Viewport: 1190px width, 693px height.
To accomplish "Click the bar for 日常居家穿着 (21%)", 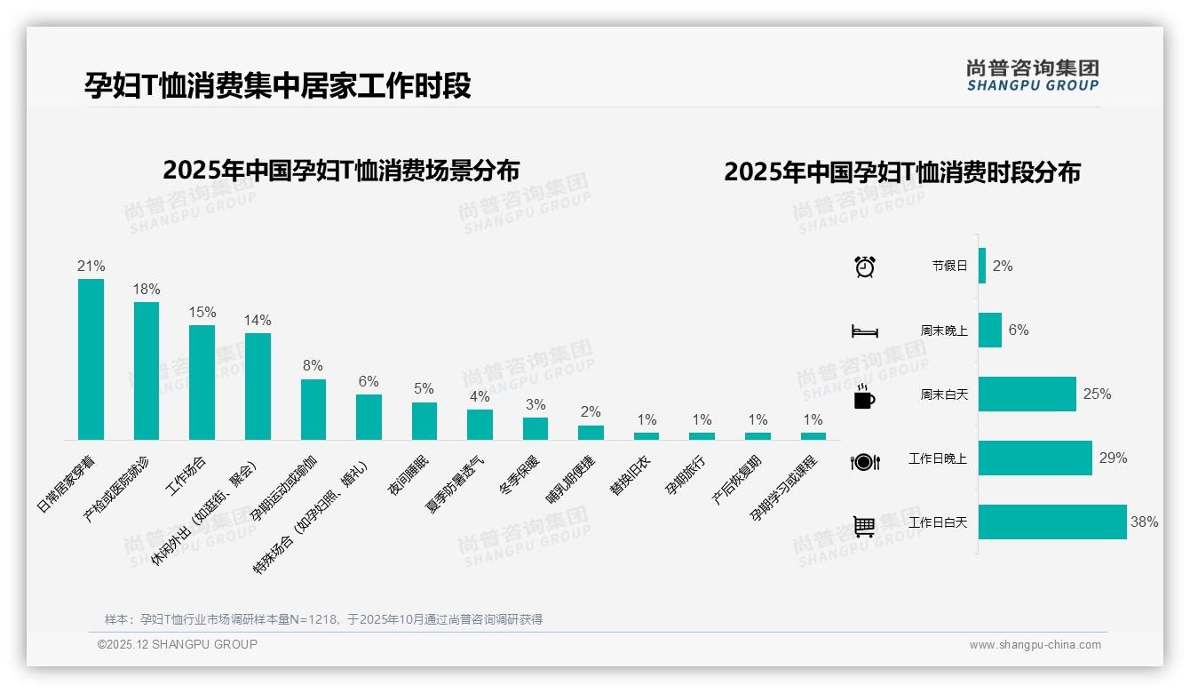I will tap(91, 359).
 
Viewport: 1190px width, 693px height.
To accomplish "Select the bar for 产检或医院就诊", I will tap(147, 370).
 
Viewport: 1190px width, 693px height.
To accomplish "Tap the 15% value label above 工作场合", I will tap(202, 312).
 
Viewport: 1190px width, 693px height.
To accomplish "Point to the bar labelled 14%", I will tap(258, 386).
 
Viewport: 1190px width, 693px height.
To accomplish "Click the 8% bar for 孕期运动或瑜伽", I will tap(313, 409).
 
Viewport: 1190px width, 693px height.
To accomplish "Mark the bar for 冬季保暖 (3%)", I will tap(535, 428).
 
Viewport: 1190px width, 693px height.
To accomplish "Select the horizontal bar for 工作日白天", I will tap(1052, 522).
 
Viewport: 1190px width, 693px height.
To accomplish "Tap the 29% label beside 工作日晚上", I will tap(1113, 458).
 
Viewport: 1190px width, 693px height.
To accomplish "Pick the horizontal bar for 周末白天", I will tap(1027, 394).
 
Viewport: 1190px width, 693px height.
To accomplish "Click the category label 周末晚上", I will tap(944, 331).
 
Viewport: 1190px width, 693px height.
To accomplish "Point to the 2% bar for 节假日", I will tap(982, 266).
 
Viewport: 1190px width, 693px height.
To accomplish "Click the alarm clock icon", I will tap(865, 267).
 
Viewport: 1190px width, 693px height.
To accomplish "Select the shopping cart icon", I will tap(864, 526).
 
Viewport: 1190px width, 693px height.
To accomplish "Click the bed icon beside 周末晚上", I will tap(865, 331).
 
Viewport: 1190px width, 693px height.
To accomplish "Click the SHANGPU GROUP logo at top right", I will tap(1032, 76).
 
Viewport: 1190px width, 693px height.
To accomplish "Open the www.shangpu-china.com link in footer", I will tap(1035, 645).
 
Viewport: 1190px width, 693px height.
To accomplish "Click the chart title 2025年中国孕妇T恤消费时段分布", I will tap(901, 172).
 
